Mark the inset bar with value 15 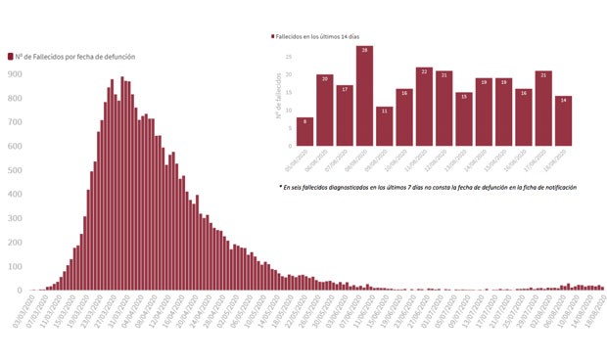[464, 118]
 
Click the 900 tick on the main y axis [15, 73]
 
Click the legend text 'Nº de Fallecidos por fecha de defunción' [74, 56]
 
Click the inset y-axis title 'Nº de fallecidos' [278, 99]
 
